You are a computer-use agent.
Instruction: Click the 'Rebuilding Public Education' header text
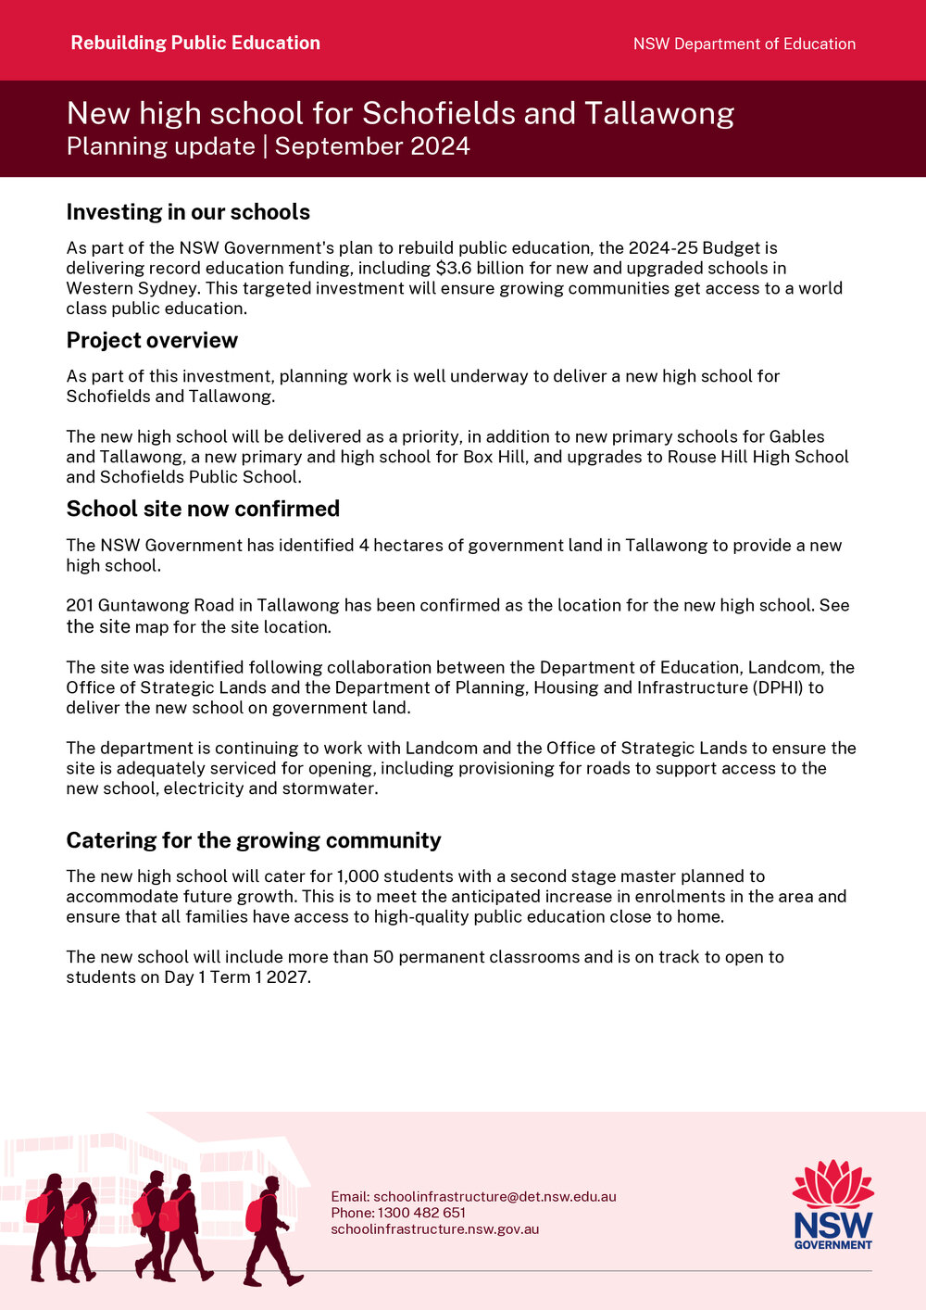(x=195, y=43)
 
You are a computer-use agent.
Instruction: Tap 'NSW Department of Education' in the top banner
(x=744, y=44)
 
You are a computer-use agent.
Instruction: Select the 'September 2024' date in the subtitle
(x=372, y=146)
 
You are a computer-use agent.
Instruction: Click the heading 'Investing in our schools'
(x=188, y=212)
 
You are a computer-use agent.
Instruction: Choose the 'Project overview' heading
(x=152, y=340)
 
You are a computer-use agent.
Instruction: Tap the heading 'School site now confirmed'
(x=203, y=509)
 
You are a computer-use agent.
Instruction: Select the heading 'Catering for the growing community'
(x=254, y=840)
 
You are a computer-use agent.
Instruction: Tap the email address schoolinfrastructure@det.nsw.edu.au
(x=494, y=1196)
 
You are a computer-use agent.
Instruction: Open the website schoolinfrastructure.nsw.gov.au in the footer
(x=434, y=1229)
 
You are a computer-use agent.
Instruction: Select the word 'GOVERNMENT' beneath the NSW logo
(x=832, y=1244)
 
